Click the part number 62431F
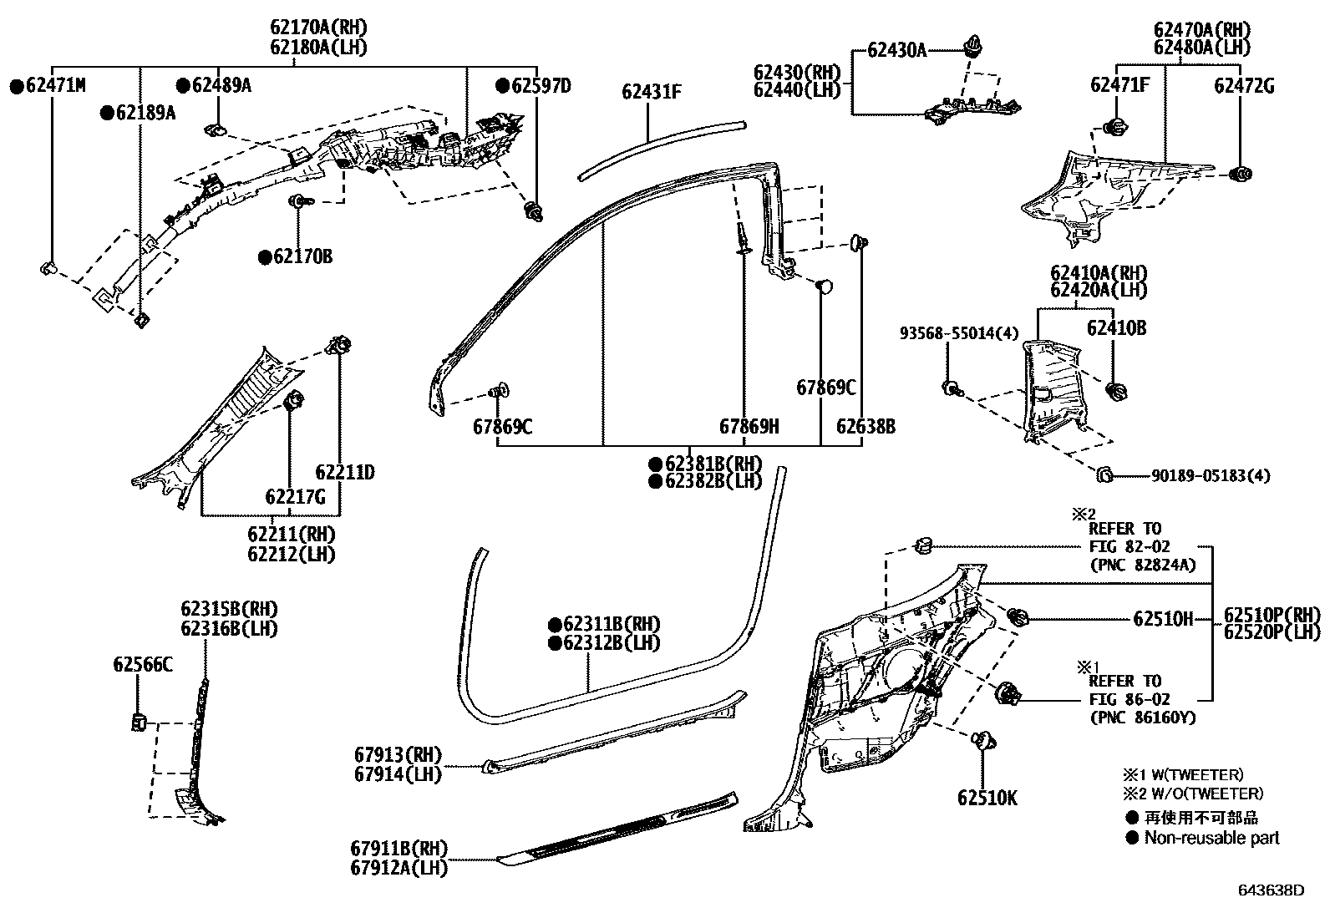tap(651, 91)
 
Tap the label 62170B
tap(302, 256)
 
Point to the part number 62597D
tap(541, 85)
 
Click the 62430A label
tap(896, 51)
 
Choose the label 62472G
tap(1244, 85)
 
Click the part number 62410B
tap(1116, 328)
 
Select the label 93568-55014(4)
tap(959, 333)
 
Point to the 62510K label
tap(987, 798)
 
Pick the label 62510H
tap(1163, 619)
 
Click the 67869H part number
tap(749, 427)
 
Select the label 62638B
tap(866, 427)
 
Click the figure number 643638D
tap(1271, 890)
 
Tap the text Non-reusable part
tap(1211, 837)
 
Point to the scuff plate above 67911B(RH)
tap(618, 826)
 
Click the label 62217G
tap(295, 497)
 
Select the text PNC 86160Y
tap(1142, 718)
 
